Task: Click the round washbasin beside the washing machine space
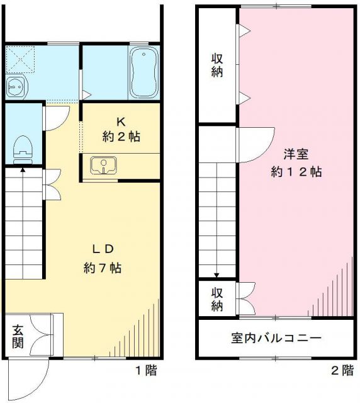tap(14, 86)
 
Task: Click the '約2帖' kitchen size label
tap(121, 135)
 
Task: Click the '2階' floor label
tap(342, 371)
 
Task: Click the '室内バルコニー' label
tap(277, 338)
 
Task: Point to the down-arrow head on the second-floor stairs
tap(217, 275)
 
